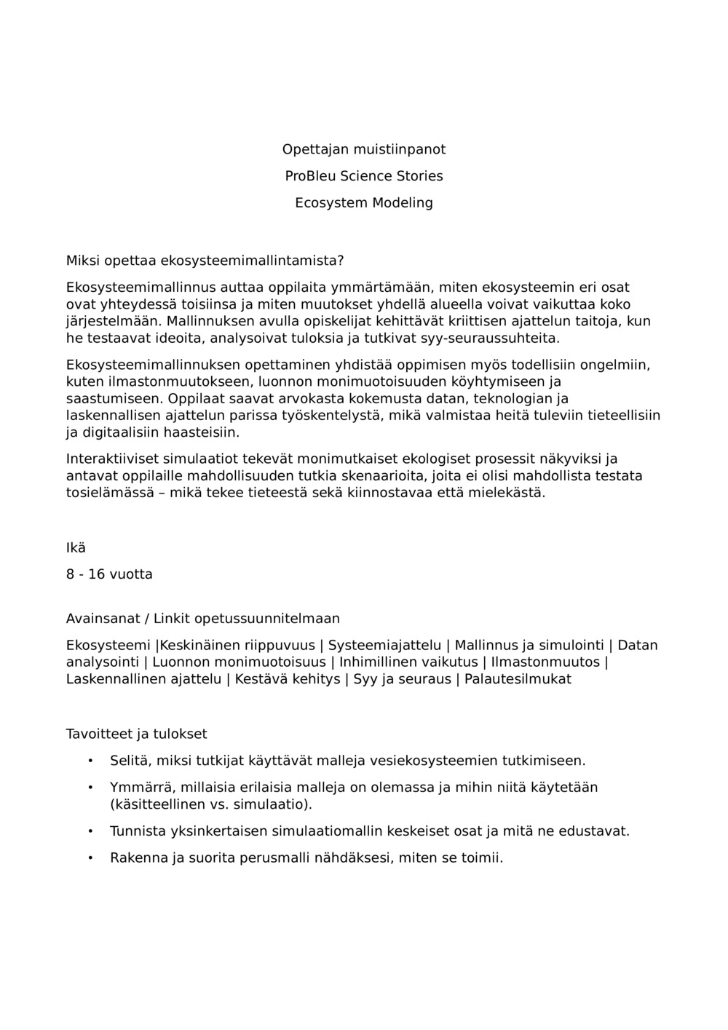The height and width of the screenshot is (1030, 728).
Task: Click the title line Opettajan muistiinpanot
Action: coord(363,149)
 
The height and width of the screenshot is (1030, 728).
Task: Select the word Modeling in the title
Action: coord(403,203)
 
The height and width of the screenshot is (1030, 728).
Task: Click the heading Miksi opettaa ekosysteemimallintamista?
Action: coord(205,261)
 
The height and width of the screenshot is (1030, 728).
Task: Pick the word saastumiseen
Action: coord(115,399)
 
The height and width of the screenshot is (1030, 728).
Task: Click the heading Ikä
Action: coord(76,548)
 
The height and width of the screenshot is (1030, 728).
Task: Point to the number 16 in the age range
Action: coord(97,574)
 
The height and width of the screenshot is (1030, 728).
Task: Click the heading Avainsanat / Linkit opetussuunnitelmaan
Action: coord(203,619)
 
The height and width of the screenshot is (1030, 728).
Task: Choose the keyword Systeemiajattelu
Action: coord(384,645)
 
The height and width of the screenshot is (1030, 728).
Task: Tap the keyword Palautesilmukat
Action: coord(518,679)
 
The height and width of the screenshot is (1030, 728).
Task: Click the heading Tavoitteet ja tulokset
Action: coord(137,734)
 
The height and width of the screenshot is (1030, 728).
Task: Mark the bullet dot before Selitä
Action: coord(90,761)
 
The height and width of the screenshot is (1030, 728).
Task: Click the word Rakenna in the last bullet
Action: coord(138,857)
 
